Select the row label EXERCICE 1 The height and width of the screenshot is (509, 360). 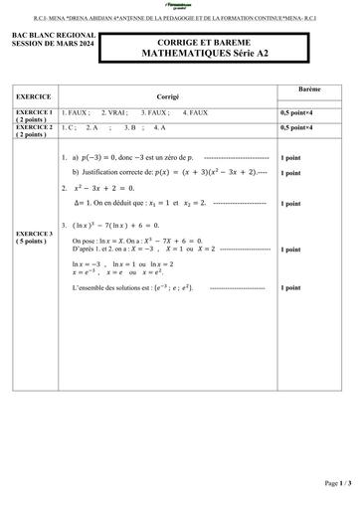click(x=33, y=112)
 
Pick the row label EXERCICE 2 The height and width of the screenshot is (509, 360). click(x=33, y=126)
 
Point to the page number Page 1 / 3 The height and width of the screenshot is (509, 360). click(x=330, y=483)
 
